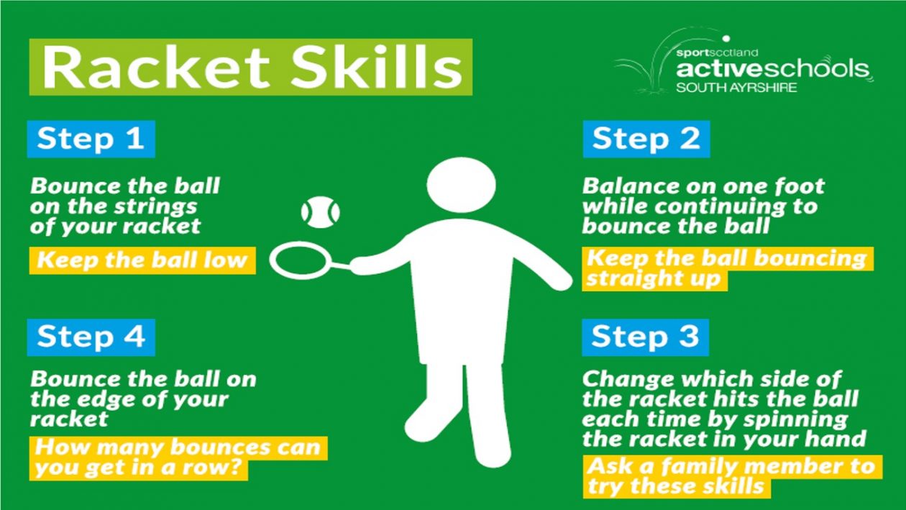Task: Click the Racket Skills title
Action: click(x=250, y=67)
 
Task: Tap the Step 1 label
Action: click(x=91, y=139)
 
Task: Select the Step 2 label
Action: click(x=646, y=139)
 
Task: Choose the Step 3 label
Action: click(x=645, y=337)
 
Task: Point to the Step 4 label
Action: click(x=91, y=337)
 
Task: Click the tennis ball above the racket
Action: click(x=320, y=212)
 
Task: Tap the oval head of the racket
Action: click(x=296, y=261)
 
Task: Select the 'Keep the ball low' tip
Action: click(x=142, y=260)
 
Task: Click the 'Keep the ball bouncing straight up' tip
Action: click(x=726, y=268)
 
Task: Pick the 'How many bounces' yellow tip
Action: click(x=178, y=457)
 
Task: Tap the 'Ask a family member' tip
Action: click(x=730, y=475)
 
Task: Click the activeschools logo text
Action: click(x=773, y=70)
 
